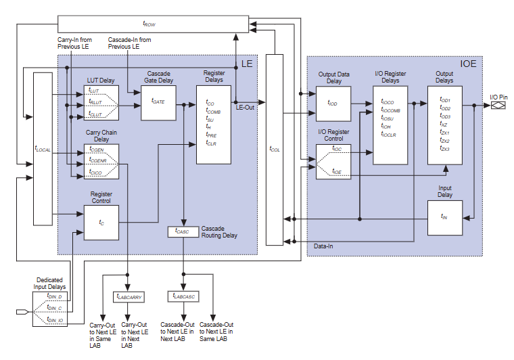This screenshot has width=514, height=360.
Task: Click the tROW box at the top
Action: tap(149, 24)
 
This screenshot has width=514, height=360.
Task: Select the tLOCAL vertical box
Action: tap(43, 149)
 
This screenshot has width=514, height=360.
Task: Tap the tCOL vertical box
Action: tap(275, 149)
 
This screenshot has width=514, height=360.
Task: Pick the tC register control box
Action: tap(101, 223)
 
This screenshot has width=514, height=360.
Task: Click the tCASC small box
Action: tap(183, 231)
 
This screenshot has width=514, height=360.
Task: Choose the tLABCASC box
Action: tap(182, 296)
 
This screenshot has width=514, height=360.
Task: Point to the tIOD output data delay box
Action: tap(333, 104)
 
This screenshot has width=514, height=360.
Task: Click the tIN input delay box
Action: tap(444, 217)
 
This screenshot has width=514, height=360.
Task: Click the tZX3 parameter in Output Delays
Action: tap(444, 149)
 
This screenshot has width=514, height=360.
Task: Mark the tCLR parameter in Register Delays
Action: tap(211, 143)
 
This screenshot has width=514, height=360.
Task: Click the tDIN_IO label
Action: tap(55, 318)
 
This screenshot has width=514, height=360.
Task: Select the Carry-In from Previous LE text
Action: tap(78, 43)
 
